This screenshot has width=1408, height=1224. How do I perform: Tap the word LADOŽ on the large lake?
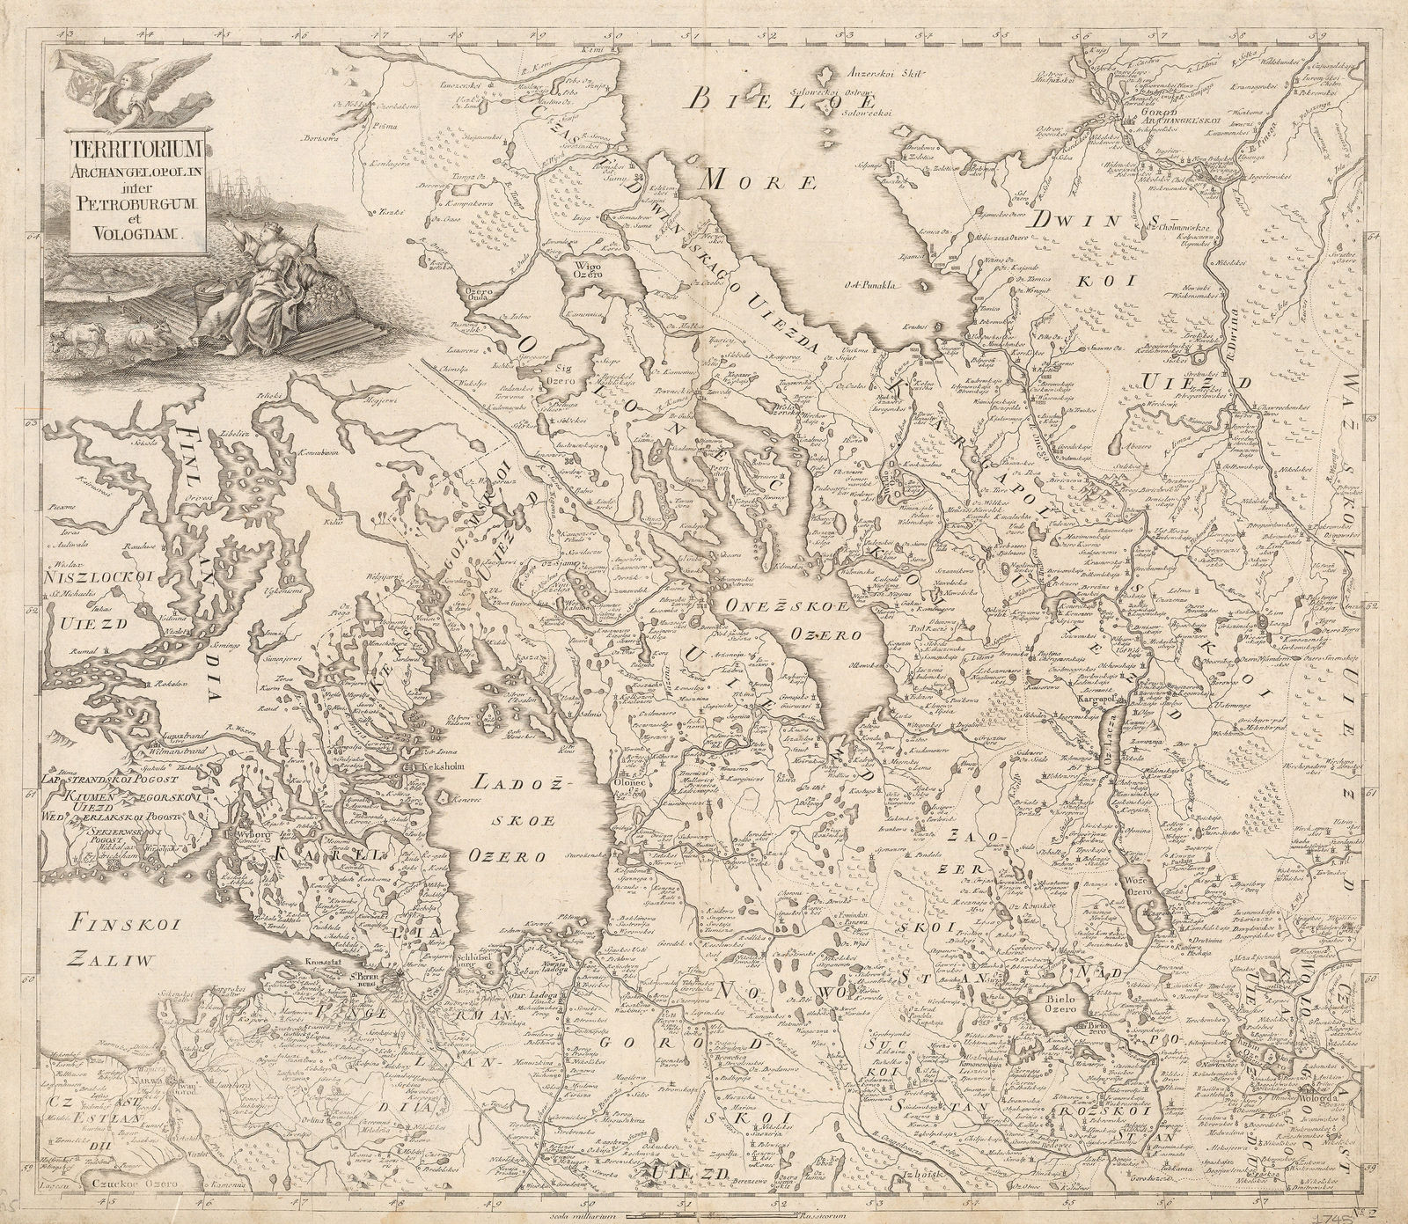pos(505,781)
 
